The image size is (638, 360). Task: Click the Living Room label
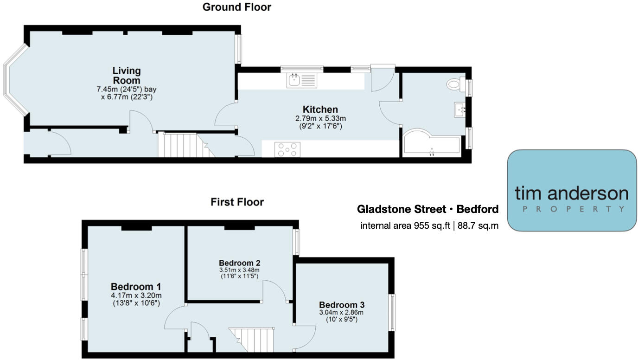click(127, 76)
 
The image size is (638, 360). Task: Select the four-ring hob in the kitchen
click(287, 150)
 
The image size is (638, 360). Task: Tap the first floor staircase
click(253, 340)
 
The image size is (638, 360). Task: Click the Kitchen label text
click(320, 110)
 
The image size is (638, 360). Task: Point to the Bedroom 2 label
click(239, 263)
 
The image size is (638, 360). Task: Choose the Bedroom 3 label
click(342, 305)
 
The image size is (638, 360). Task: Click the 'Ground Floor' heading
click(237, 7)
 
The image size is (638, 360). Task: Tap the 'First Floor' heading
click(237, 202)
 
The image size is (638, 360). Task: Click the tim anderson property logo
click(572, 190)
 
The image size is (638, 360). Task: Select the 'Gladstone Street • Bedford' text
click(427, 209)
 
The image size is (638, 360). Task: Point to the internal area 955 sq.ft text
click(429, 226)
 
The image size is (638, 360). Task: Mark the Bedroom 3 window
click(392, 312)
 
